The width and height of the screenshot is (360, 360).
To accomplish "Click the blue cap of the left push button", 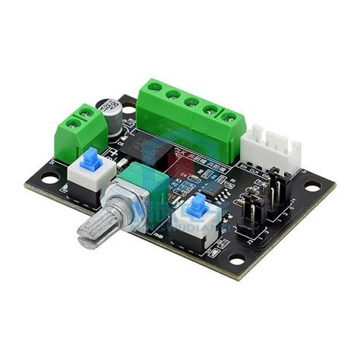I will pos(91,158).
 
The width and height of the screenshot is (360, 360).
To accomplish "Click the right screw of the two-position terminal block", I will pos(87,113).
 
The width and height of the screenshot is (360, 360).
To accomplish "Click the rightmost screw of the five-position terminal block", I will pos(229,116).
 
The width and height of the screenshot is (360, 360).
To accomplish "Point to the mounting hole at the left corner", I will pos(49,181).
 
